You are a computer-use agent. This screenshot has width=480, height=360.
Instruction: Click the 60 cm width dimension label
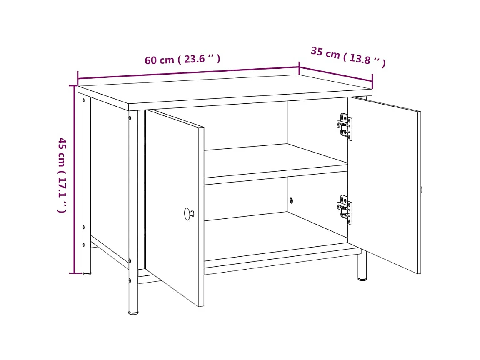coord(182,60)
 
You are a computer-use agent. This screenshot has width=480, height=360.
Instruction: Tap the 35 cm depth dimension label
coord(348,57)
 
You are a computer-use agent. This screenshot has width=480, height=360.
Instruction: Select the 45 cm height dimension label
coord(62,175)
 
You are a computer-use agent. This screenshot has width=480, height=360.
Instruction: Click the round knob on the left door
coord(189,214)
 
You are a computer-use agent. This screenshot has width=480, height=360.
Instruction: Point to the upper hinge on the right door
coord(345,126)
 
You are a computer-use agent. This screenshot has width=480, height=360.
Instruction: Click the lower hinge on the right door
coord(345,209)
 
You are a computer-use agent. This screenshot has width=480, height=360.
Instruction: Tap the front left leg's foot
coord(133,312)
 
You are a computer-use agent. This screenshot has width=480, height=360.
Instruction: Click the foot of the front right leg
coord(362,278)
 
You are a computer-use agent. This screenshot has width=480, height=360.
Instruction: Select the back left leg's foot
coord(87,273)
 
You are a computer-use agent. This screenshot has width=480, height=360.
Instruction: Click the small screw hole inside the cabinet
coord(291,200)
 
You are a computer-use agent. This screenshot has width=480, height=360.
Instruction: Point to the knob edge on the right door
coord(421,190)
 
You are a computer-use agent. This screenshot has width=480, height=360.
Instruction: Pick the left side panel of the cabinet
coord(109,179)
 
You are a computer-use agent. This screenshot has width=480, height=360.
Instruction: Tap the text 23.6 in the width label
coord(194,59)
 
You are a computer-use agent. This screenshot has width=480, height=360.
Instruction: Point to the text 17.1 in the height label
coord(62,188)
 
